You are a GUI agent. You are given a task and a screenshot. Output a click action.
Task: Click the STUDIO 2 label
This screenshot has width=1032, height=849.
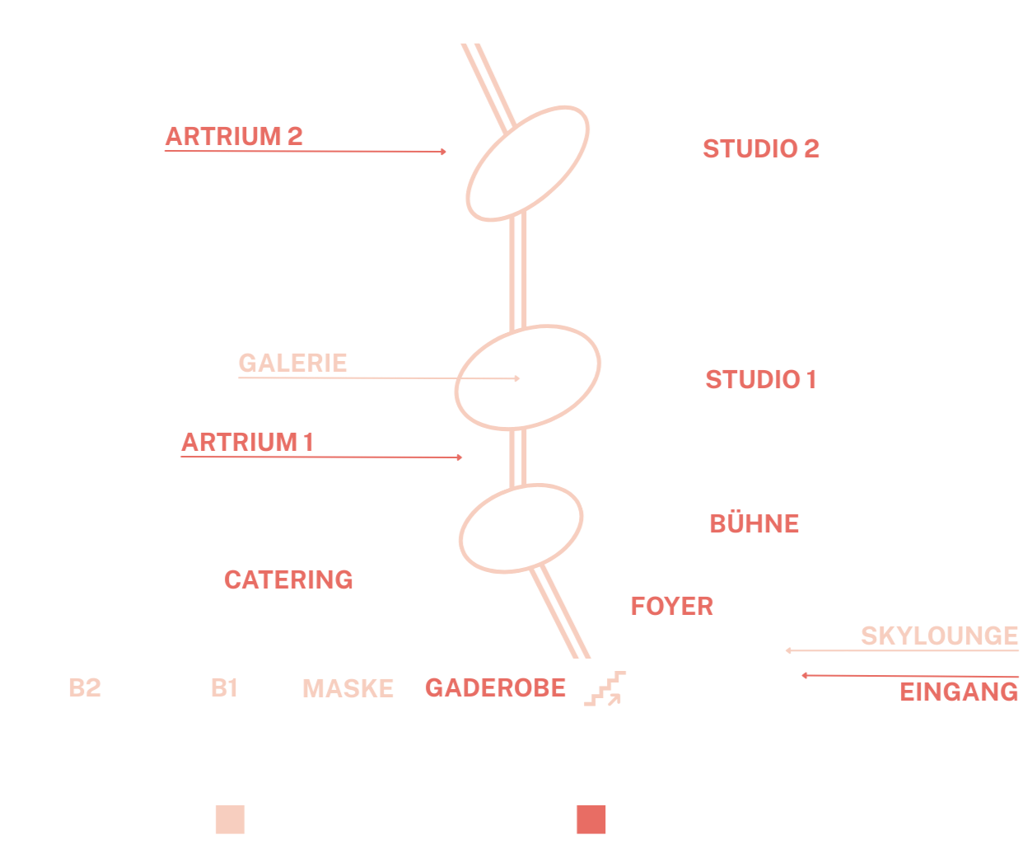click(761, 148)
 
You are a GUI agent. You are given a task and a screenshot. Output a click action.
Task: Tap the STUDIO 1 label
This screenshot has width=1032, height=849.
click(761, 379)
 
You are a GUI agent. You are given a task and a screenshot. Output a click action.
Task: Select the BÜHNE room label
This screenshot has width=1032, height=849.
click(754, 523)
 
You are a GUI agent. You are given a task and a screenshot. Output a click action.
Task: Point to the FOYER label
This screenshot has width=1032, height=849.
click(672, 607)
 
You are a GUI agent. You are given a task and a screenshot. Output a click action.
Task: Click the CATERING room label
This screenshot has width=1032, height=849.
click(288, 579)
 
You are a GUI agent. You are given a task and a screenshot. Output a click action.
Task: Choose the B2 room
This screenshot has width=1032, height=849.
click(85, 687)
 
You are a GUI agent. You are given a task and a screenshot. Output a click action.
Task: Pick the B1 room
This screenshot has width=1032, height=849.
click(224, 687)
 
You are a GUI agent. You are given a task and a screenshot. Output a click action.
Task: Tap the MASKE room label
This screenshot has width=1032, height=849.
click(348, 688)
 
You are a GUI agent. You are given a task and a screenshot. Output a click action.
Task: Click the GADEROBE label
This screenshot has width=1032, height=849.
click(496, 687)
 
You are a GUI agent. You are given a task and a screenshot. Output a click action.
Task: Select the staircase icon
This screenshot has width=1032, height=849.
click(605, 689)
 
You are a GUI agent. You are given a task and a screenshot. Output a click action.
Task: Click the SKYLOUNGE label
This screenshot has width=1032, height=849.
click(940, 636)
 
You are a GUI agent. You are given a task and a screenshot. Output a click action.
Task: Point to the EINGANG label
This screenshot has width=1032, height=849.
click(959, 692)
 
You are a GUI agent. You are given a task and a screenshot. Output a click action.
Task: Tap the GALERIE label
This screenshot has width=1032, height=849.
click(293, 363)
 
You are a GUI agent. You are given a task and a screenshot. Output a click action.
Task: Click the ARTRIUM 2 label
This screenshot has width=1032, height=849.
click(235, 136)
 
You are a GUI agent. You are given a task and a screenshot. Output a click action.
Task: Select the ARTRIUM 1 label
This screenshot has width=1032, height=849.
click(248, 443)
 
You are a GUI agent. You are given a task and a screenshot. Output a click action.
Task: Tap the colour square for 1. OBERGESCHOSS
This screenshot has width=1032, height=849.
click(230, 819)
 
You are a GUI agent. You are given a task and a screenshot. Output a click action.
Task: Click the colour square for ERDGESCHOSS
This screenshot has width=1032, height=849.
click(591, 819)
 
